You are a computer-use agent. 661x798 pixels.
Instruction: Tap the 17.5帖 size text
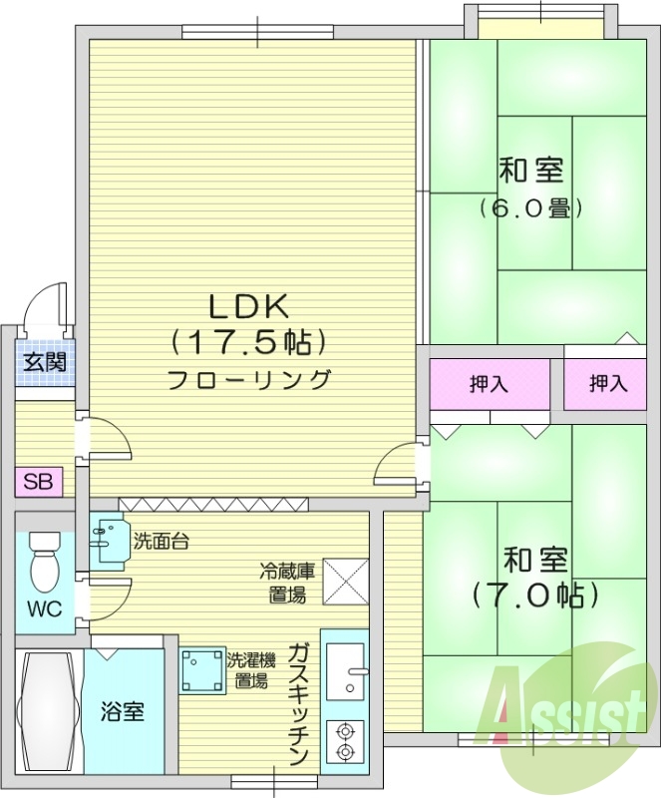coord(249,343)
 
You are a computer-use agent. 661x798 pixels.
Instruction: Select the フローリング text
coord(249,379)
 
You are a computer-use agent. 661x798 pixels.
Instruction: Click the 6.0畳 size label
coord(530,208)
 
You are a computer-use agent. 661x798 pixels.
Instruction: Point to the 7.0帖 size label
coord(535,596)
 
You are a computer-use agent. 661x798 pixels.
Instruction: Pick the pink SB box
coord(39,483)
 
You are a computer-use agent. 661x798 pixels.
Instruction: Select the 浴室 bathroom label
coord(123,712)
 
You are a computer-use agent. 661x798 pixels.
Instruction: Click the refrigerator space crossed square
coord(344,580)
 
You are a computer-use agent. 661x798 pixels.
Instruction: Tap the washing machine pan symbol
coord(203,669)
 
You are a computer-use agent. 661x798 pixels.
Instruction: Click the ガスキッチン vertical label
coord(300,704)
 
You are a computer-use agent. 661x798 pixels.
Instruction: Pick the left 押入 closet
coord(490,383)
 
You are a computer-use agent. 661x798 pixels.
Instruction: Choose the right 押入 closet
coord(607,383)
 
